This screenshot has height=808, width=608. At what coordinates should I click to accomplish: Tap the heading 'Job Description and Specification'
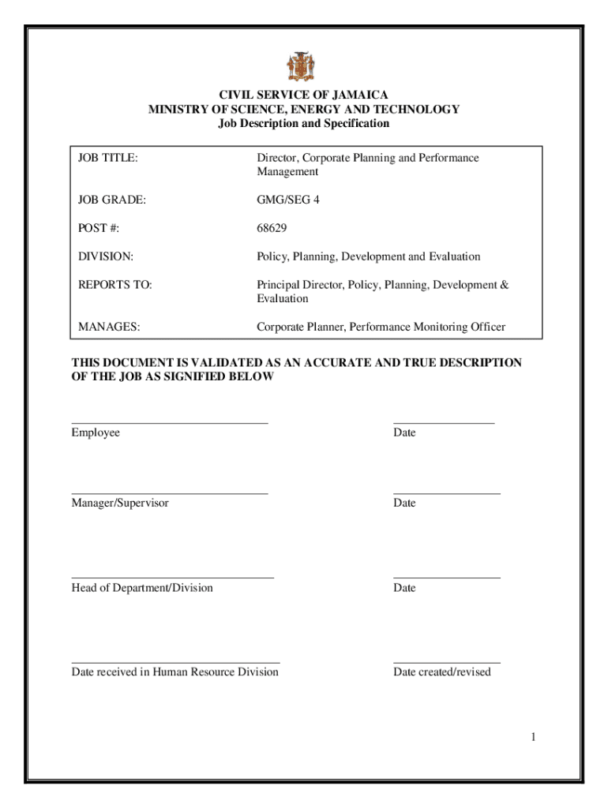[x=303, y=124]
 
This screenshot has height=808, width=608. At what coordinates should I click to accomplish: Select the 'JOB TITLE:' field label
[x=108, y=159]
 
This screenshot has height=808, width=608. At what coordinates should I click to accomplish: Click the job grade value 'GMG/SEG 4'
[x=288, y=200]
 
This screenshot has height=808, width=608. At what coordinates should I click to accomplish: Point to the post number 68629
[x=272, y=229]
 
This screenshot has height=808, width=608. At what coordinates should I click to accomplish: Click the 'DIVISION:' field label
[x=106, y=257]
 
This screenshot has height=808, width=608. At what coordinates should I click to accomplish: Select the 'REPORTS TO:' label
[x=115, y=285]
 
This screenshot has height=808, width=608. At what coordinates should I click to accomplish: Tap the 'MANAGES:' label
[x=110, y=327]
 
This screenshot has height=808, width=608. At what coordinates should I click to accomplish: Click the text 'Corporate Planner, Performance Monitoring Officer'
[x=381, y=327]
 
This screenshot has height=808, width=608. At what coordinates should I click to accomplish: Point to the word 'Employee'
[x=96, y=433]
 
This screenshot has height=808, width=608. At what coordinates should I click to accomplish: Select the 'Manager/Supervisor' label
[x=120, y=503]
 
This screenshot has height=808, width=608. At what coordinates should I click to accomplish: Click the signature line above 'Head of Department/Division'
[x=173, y=578]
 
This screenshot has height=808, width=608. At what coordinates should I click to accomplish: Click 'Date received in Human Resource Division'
[x=175, y=672]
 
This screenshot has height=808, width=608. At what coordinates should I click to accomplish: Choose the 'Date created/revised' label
[x=442, y=672]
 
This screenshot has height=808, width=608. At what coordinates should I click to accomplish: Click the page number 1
[x=534, y=737]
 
